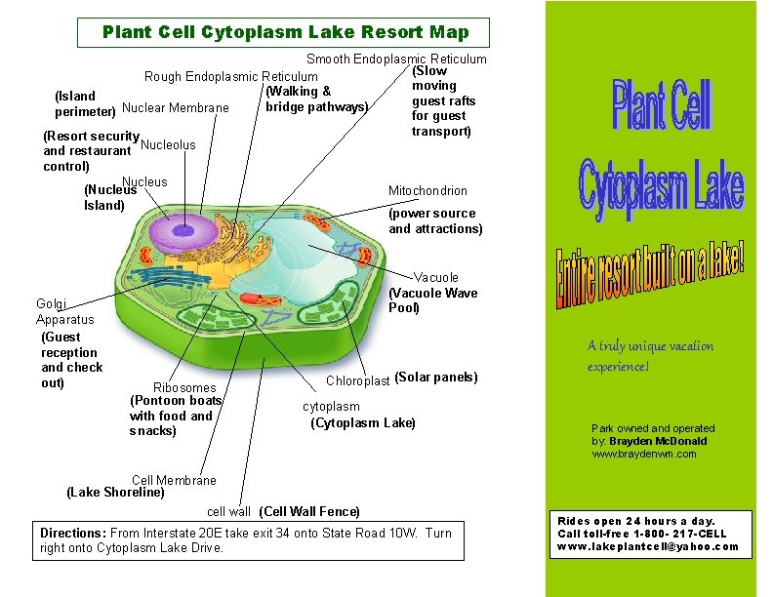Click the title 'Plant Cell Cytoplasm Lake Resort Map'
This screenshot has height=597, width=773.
tap(285, 32)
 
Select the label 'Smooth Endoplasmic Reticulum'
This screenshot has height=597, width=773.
tap(396, 60)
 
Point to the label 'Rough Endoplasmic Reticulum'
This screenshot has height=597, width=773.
tap(230, 76)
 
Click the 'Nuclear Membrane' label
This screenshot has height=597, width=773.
tap(176, 107)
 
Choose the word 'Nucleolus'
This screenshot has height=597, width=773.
tap(168, 145)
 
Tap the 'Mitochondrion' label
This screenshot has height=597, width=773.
tap(427, 190)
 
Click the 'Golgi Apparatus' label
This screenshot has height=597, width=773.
tap(64, 311)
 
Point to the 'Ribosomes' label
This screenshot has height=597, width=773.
tap(184, 387)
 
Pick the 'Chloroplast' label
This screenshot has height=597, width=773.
tap(357, 380)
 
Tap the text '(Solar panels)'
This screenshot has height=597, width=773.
tap(435, 378)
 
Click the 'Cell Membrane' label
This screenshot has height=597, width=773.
tap(174, 480)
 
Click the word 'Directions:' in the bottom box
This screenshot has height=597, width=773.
tap(72, 533)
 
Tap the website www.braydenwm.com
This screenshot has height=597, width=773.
tap(644, 454)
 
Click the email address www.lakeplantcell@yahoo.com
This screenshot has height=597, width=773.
tap(648, 546)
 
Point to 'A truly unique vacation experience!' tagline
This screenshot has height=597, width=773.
tap(650, 355)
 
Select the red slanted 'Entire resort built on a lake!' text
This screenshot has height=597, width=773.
tap(651, 278)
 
